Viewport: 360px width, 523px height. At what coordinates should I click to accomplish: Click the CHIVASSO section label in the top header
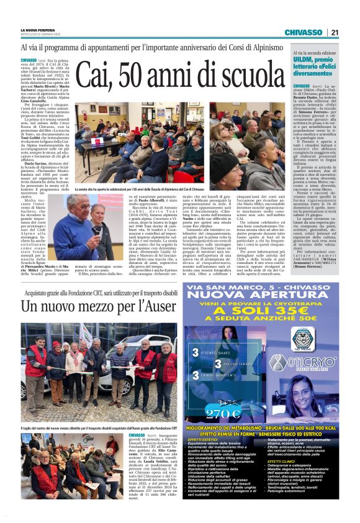coord(303,32)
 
